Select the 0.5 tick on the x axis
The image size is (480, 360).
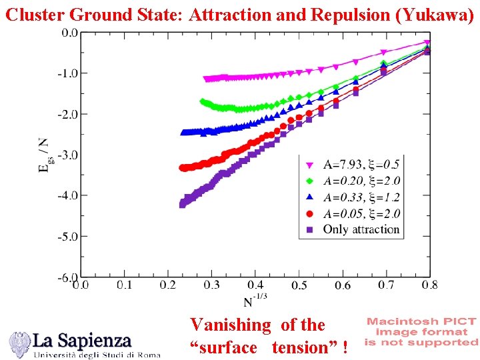[299, 285]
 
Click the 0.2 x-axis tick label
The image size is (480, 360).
[168, 285]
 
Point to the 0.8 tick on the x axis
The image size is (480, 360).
[430, 285]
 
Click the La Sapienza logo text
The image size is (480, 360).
[83, 341]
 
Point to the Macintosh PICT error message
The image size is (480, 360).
[421, 331]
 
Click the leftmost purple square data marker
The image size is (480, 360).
[182, 205]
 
